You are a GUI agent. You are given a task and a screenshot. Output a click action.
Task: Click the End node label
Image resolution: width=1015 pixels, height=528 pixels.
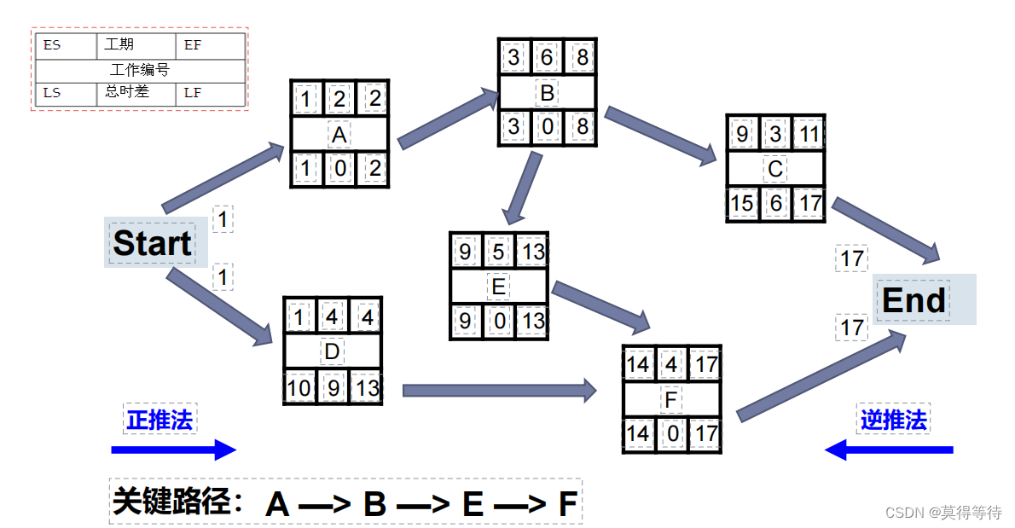point(913,300)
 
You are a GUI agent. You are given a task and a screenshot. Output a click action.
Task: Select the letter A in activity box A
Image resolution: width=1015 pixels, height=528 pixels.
point(339,135)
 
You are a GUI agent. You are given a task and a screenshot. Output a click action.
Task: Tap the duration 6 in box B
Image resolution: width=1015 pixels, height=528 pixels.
point(548,58)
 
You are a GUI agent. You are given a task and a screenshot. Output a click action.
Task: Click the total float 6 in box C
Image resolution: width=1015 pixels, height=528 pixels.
point(775,203)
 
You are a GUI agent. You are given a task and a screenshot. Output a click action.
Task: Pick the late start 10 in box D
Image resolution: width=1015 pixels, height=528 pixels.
point(299,388)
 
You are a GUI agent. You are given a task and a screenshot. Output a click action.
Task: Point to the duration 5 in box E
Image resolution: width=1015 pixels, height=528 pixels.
point(499,252)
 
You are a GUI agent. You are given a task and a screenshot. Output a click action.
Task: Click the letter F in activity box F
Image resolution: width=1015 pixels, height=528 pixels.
point(672,399)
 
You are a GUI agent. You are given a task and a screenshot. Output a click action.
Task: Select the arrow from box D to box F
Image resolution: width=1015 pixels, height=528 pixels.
point(499,391)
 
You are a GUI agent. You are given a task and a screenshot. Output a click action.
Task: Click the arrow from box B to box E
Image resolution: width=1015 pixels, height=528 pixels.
point(522,188)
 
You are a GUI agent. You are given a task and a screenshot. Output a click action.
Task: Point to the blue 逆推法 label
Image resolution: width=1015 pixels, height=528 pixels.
point(893,420)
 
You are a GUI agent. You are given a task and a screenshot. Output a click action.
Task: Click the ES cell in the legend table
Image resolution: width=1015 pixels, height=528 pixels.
point(53,45)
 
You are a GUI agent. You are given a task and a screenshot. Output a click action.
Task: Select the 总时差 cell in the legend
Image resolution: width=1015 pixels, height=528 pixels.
point(127,91)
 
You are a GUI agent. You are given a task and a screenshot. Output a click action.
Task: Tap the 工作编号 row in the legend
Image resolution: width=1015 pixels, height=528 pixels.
point(140,70)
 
